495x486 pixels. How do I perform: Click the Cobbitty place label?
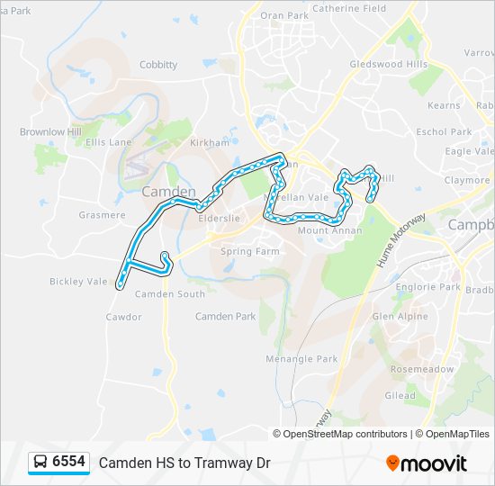(x=158, y=65)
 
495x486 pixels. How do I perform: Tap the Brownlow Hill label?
(x=50, y=132)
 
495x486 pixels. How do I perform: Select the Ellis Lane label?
(x=108, y=142)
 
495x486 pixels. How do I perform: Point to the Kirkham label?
(x=211, y=143)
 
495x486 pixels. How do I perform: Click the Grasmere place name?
(x=102, y=215)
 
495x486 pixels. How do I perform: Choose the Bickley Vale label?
(x=78, y=282)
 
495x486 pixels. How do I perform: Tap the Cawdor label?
(x=123, y=317)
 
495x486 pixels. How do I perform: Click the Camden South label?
(x=169, y=294)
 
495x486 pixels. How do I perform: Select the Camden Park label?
(x=226, y=317)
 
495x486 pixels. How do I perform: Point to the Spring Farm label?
(x=250, y=252)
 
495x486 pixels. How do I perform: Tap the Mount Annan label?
(x=329, y=231)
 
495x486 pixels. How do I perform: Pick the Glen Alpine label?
(x=400, y=317)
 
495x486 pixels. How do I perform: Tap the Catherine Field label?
(x=350, y=9)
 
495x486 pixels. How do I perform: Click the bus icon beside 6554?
(x=40, y=463)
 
